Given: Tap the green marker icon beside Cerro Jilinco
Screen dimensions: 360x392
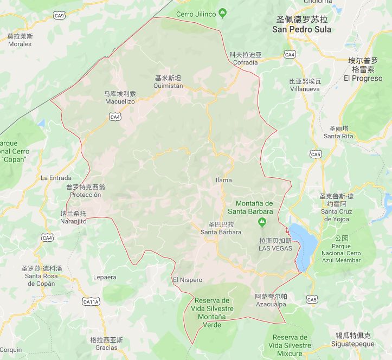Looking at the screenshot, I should pos(222,13).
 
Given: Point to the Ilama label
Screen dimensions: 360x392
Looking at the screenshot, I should pos(223,180).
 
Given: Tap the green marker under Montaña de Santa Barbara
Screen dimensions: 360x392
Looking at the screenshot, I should pos(262,222).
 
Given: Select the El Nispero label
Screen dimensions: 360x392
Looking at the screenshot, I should pos(187,280).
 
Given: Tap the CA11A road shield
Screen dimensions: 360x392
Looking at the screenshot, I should pos(91,301).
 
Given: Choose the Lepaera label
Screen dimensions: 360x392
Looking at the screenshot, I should pos(105,277).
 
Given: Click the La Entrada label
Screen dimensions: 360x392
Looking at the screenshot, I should pos(56,178).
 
